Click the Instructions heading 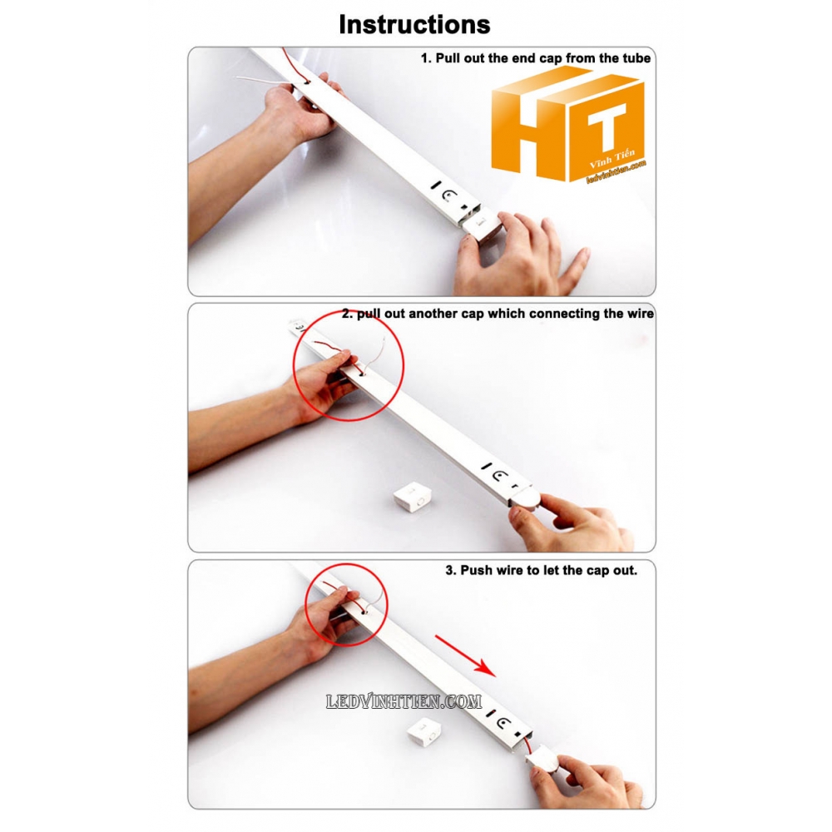(414, 24)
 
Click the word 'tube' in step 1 (636, 58)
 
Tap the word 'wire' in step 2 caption (641, 314)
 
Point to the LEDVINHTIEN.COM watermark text (404, 702)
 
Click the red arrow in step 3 (465, 656)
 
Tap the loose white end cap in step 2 (412, 498)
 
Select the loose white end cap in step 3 (425, 733)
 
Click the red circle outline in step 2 (404, 365)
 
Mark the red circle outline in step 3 (388, 605)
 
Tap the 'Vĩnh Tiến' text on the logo (612, 159)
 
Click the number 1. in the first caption (426, 58)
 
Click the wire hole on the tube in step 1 (308, 82)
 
